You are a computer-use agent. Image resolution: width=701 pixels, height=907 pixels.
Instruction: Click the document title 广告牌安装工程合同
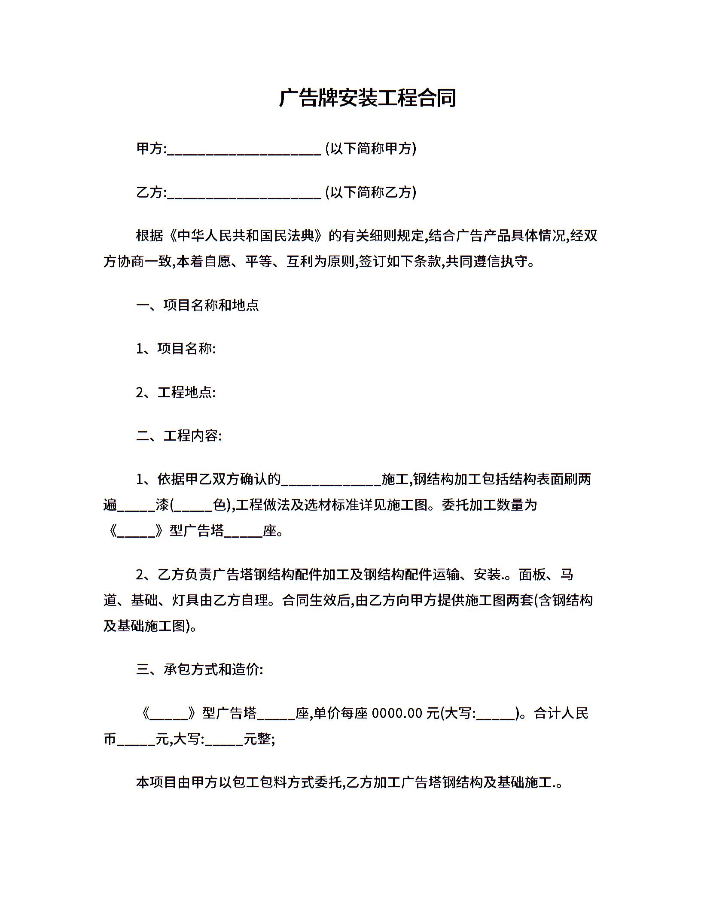tap(367, 98)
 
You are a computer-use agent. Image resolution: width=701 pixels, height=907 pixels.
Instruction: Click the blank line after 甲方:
tap(244, 150)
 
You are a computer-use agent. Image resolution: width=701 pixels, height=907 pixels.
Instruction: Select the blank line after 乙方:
tap(244, 194)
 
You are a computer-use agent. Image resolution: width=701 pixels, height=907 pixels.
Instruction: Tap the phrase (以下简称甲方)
tap(371, 149)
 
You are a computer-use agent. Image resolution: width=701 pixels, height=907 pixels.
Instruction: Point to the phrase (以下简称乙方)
tap(371, 192)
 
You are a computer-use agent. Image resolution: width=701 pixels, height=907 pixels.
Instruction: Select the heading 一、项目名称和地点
tap(198, 305)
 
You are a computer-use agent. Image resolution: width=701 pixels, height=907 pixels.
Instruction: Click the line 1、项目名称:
tap(176, 349)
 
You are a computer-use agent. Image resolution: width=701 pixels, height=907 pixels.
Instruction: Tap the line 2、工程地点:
tap(176, 393)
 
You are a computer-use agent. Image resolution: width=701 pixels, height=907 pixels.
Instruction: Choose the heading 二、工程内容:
tap(179, 436)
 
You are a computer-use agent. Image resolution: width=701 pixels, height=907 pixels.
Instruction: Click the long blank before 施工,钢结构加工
tap(331, 481)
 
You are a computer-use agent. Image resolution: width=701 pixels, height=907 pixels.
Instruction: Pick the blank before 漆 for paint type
tap(136, 508)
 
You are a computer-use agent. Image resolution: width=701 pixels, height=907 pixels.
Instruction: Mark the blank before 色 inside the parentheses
tap(193, 508)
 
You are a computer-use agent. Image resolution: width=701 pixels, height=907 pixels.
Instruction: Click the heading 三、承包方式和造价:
tap(200, 670)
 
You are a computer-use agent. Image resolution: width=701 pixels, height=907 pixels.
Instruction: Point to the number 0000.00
tap(397, 713)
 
